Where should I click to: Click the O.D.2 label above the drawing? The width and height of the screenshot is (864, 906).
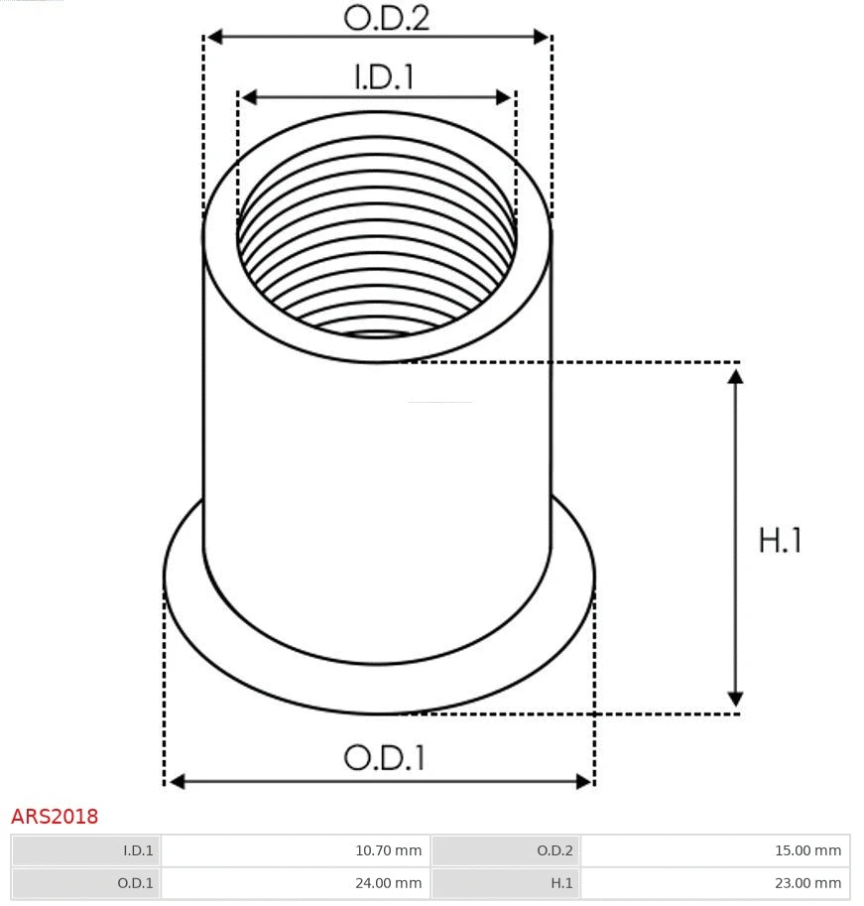[386, 17]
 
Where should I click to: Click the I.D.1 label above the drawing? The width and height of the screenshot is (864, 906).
[384, 77]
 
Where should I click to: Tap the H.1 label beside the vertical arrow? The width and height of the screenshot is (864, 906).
[780, 541]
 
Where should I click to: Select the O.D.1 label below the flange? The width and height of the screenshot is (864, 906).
[384, 758]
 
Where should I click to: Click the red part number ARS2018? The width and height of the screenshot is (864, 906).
[55, 817]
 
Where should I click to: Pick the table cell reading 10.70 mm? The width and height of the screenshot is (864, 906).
[295, 850]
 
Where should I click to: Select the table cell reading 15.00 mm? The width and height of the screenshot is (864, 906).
[714, 850]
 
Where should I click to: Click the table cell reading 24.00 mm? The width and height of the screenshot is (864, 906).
[295, 882]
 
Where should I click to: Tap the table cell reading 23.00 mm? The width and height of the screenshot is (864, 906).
[714, 882]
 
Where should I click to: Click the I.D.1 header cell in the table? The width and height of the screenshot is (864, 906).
[86, 850]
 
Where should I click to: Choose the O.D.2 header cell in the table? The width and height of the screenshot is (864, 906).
[506, 850]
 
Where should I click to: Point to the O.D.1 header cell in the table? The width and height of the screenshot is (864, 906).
[86, 882]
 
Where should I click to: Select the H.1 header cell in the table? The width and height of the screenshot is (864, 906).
[506, 882]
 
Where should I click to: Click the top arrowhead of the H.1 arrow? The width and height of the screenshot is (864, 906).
[735, 376]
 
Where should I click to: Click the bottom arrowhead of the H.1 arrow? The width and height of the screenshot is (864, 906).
[735, 699]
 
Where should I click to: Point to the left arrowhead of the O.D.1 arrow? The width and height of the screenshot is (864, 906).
[177, 782]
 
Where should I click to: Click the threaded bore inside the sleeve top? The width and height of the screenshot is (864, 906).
[377, 248]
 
